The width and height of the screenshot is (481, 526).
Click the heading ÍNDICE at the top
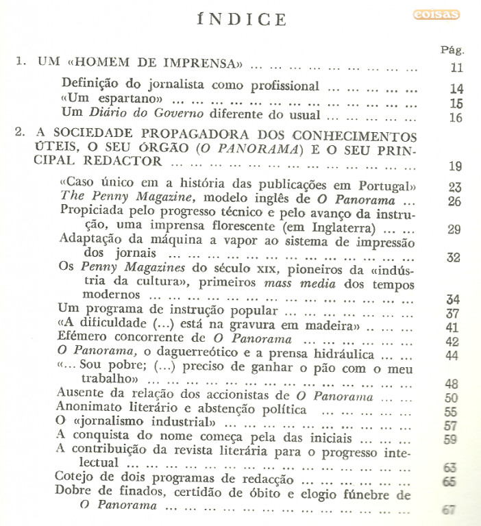tap(241, 18)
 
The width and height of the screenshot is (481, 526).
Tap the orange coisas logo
tap(436, 14)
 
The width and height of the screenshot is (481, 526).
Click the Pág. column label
tap(454, 50)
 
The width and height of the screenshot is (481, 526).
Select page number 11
tap(456, 68)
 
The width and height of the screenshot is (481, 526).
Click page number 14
tap(456, 89)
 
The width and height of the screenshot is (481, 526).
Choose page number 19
tap(456, 166)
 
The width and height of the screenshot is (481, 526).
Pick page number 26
tap(454, 201)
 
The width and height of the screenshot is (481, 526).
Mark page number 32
tap(454, 258)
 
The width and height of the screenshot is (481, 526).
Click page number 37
tap(452, 314)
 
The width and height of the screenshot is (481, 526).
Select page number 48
tap(452, 384)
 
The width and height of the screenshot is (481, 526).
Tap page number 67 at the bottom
tap(449, 510)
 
